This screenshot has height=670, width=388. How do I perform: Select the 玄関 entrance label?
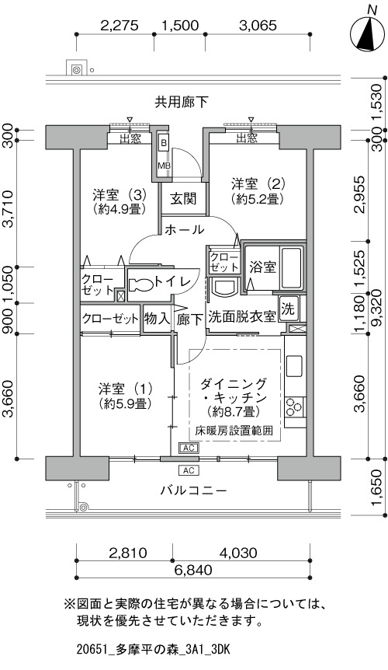click(x=183, y=199)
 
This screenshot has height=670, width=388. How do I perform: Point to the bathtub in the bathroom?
click(x=291, y=268)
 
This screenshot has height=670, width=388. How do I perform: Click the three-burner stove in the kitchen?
click(x=294, y=407)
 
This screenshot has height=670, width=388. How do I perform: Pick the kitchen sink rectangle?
click(x=294, y=366)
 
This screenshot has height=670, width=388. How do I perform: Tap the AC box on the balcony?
click(x=189, y=470)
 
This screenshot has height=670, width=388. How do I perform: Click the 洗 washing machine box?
click(x=289, y=309)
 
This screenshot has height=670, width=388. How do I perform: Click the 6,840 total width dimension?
click(x=192, y=570)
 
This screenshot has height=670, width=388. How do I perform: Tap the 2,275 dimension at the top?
click(x=120, y=26)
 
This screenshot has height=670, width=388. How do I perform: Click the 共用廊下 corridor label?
click(x=182, y=102)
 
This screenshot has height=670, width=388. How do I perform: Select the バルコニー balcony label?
click(x=193, y=490)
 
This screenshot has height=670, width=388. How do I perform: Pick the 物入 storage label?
click(x=157, y=319)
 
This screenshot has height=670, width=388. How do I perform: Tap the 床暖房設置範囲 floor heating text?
click(x=234, y=431)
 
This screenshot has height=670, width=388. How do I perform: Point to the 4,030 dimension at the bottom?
click(x=238, y=553)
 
